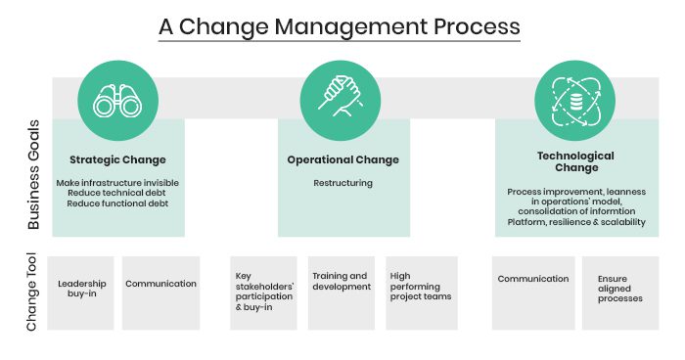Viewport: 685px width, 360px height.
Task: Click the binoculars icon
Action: (117, 101)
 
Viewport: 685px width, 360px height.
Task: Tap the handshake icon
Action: (341, 96)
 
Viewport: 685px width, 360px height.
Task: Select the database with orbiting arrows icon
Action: (575, 102)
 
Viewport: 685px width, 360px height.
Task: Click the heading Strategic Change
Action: (117, 159)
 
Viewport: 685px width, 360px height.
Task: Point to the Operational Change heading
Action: (342, 159)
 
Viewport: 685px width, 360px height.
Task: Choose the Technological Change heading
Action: (575, 161)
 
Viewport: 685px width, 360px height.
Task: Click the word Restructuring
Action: (342, 183)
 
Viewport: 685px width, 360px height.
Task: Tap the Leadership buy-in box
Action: (80, 292)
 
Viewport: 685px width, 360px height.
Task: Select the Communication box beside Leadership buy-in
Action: (160, 292)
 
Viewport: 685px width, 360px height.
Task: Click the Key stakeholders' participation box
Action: (263, 292)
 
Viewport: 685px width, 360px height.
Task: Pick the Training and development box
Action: (342, 292)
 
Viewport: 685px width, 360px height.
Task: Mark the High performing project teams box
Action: (422, 292)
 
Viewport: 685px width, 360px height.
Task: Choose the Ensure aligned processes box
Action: (620, 292)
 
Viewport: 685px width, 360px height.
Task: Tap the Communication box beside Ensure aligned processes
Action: (533, 292)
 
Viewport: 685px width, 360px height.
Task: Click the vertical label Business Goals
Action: (33, 175)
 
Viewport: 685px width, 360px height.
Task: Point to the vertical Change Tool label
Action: (32, 292)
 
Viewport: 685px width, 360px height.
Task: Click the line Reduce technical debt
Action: (116, 193)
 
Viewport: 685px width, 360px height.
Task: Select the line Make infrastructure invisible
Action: (117, 183)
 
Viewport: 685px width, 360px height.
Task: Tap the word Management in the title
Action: (350, 27)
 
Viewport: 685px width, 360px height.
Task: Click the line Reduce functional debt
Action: (117, 203)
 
